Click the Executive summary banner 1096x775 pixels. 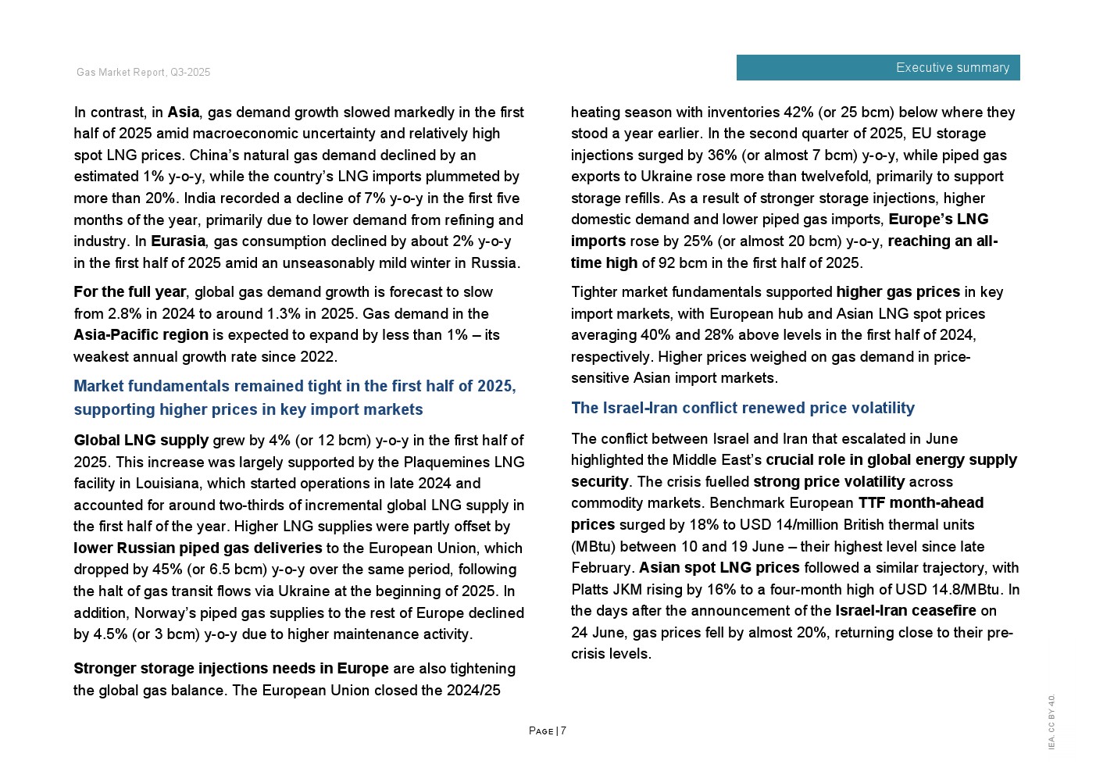point(877,68)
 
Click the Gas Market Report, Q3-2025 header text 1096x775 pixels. point(143,73)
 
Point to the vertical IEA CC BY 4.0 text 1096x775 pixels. point(1051,722)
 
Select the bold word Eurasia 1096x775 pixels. point(178,241)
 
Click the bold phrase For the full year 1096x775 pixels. point(130,292)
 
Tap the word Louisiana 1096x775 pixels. point(167,484)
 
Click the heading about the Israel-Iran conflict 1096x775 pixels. point(742,408)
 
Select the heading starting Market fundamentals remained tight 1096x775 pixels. point(295,398)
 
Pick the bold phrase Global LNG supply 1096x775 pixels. point(141,441)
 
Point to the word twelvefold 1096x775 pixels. point(824,177)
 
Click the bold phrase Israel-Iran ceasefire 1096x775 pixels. point(905,611)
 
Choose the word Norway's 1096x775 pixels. point(162,613)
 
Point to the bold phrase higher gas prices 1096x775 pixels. point(898,292)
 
